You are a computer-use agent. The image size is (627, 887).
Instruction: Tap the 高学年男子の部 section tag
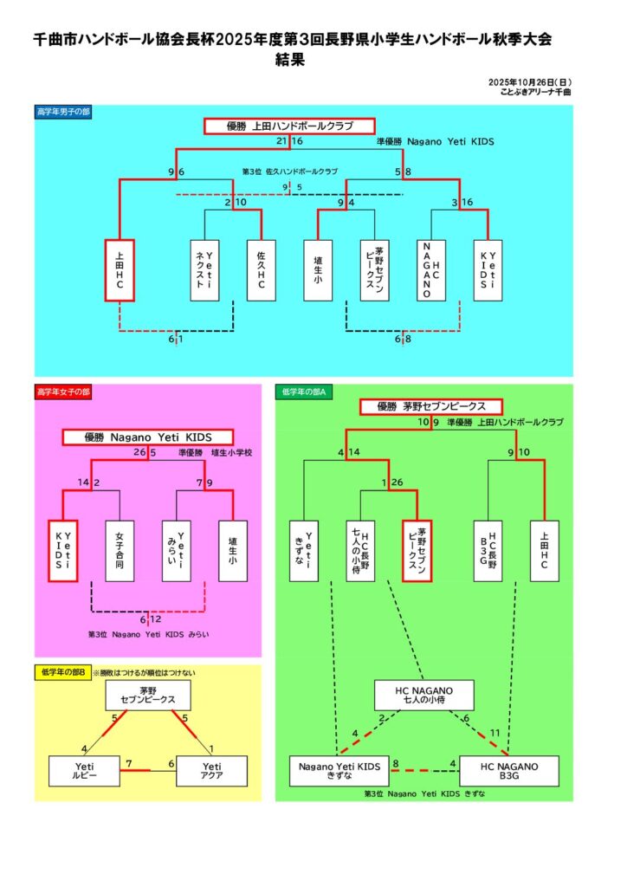coord(63,112)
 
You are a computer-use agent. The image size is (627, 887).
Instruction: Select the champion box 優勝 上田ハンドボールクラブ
coord(289,126)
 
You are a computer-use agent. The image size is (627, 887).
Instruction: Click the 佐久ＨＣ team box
coord(261,270)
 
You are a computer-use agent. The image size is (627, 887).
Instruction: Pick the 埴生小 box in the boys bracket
coord(319,270)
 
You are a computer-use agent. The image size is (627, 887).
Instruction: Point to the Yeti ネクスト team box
coord(204,270)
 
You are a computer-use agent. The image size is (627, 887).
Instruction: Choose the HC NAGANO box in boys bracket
coord(431,270)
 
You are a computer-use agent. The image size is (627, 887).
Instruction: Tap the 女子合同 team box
coord(120,550)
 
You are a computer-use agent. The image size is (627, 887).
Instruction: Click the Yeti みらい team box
coord(176,550)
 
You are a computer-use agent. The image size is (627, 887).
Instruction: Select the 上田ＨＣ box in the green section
coord(544,550)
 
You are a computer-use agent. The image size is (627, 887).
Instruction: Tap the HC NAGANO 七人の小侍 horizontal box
coord(424,695)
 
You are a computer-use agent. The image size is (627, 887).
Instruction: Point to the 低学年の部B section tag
coord(62,672)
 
